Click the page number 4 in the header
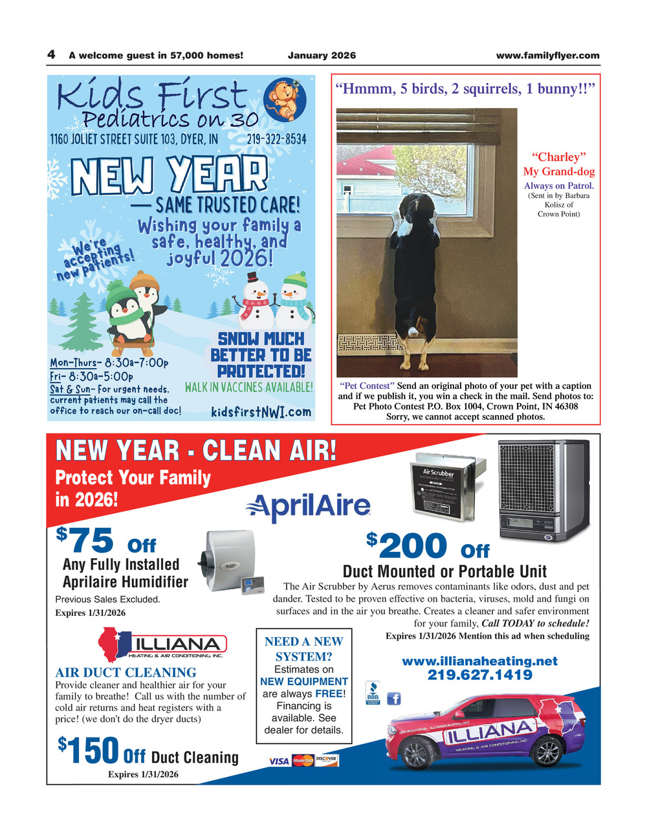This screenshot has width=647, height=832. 50,55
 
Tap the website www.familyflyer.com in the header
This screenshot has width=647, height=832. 547,56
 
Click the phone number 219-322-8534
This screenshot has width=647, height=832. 276,139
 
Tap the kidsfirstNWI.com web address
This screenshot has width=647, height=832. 261,411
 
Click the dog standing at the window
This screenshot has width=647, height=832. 415,272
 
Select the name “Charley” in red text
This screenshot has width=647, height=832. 558,157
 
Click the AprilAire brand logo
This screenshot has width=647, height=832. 308,507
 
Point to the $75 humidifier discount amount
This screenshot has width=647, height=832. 86,540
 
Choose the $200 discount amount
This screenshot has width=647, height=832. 408,545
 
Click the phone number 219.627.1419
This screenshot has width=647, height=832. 479,675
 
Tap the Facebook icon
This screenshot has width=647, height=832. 393,698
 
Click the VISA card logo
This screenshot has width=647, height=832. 279,761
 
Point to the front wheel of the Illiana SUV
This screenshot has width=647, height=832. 415,752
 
